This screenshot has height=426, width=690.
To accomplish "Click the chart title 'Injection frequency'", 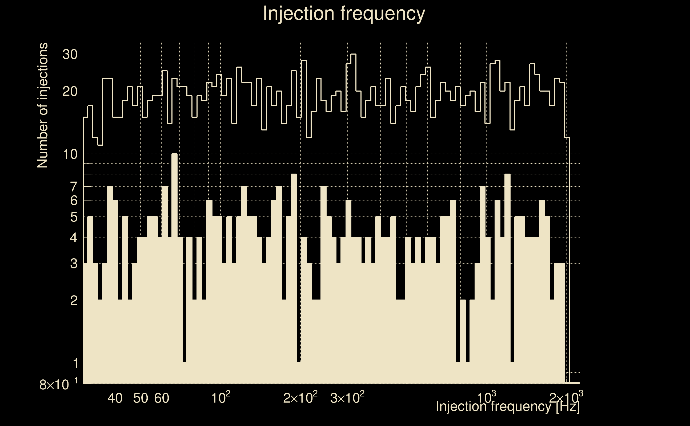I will point(344,13).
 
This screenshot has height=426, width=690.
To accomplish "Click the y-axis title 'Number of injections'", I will point(42,105).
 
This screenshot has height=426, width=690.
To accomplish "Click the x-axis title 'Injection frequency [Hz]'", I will point(507,406).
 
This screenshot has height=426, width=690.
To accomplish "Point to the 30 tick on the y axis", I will point(70,54).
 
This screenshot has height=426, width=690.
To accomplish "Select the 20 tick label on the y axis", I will point(70,92).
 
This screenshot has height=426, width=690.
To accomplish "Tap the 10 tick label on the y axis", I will point(70,154).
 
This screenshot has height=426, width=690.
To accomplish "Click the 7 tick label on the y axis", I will point(74,187).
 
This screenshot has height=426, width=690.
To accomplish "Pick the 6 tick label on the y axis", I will point(74,200).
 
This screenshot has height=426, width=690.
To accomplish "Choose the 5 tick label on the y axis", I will point(74,217).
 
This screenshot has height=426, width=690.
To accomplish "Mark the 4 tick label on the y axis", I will point(74,238).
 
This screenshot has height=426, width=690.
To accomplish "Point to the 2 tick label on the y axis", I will point(74,301).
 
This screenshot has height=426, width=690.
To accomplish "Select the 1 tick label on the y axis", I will point(75,363).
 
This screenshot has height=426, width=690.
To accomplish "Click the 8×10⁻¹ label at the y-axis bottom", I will point(58,384).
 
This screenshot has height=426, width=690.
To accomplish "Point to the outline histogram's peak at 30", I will point(354,54).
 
